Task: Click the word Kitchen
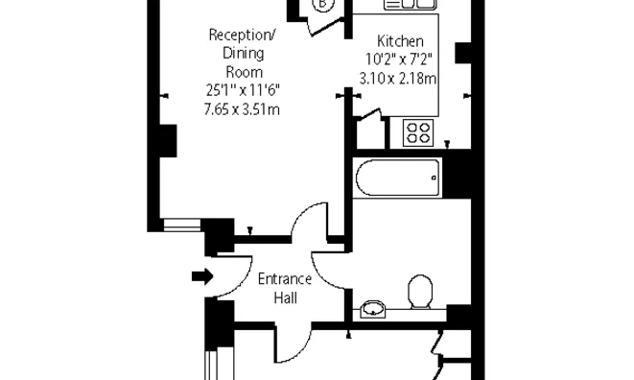tap(400, 41)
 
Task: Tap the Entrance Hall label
tap(285, 289)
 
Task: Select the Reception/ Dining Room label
tap(243, 54)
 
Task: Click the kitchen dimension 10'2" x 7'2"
tap(399, 59)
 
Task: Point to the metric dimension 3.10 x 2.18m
tap(398, 78)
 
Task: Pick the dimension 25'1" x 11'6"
tap(243, 90)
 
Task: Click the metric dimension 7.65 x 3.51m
tap(242, 109)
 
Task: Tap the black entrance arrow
tap(202, 276)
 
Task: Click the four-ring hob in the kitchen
tap(418, 132)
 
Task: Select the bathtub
tap(398, 178)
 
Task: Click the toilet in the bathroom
tap(420, 292)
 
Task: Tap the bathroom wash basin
tap(373, 310)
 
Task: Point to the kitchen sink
tap(411, 4)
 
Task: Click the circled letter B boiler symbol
tap(322, 4)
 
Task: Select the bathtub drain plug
tap(434, 178)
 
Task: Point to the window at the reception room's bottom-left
tap(182, 225)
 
